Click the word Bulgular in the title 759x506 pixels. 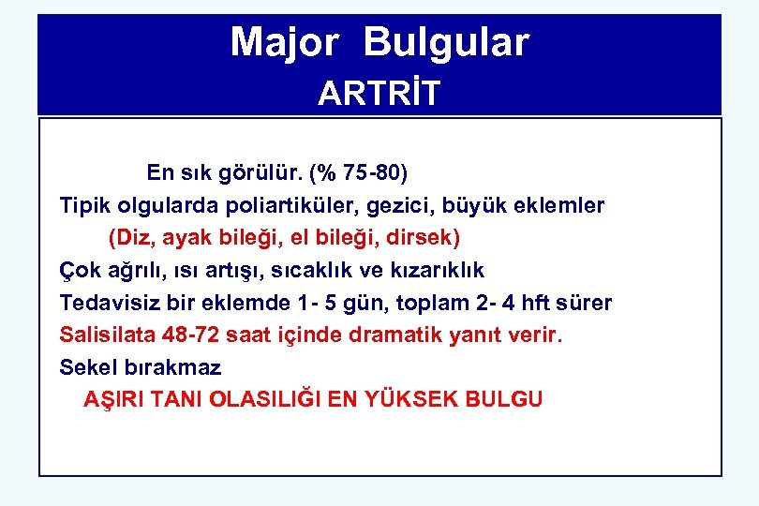447,42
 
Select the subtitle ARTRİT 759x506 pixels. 379,94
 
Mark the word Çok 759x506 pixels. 78,271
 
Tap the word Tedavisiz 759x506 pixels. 105,303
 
